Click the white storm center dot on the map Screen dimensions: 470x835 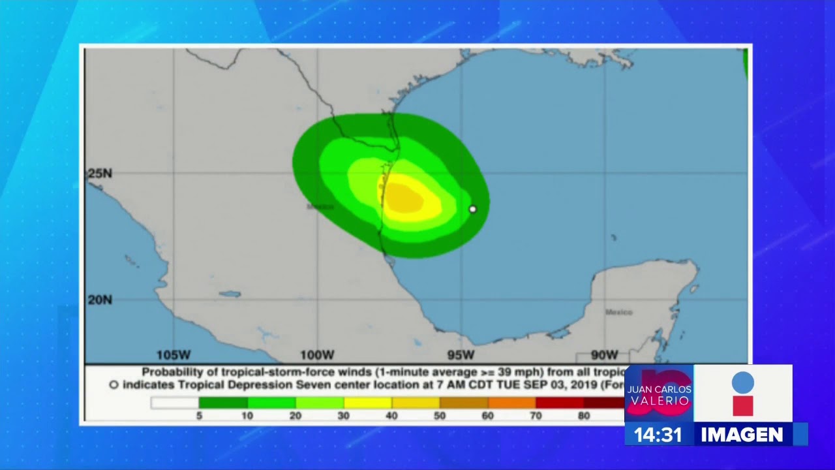[473, 209]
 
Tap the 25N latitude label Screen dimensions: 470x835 [100, 174]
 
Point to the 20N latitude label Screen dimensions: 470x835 [100, 300]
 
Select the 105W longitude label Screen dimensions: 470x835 [174, 355]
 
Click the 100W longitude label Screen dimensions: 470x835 [317, 355]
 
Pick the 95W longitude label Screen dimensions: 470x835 [461, 355]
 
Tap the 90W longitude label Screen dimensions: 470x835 [604, 355]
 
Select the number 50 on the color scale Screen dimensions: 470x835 [439, 416]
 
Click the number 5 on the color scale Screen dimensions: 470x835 [199, 416]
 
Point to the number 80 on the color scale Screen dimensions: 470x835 [583, 416]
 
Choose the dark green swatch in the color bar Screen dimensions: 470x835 [223, 403]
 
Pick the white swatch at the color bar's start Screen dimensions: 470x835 [175, 403]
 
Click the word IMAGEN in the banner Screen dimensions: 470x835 [742, 435]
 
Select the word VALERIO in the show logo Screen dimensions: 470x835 [659, 400]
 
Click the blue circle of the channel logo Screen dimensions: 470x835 [742, 383]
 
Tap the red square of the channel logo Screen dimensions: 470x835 [742, 405]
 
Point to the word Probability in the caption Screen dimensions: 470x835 [171, 372]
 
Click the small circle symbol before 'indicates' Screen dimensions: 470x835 [114, 385]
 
